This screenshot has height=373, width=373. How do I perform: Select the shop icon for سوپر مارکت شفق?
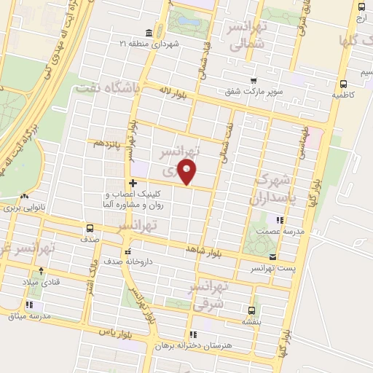pyautogui.click(x=253, y=80)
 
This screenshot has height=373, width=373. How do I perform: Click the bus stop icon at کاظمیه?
pyautogui.click(x=343, y=82)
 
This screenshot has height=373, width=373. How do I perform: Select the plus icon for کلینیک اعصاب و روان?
pyautogui.click(x=132, y=183)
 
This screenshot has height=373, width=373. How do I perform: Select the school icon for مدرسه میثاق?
pyautogui.click(x=28, y=305)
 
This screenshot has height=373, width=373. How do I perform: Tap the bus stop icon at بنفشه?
pyautogui.click(x=251, y=310)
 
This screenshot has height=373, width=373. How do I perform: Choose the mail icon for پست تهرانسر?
pyautogui.click(x=272, y=257)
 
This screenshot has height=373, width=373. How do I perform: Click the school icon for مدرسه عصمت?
pyautogui.click(x=278, y=220)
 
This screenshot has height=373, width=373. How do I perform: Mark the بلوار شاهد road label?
pyautogui.click(x=202, y=249)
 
